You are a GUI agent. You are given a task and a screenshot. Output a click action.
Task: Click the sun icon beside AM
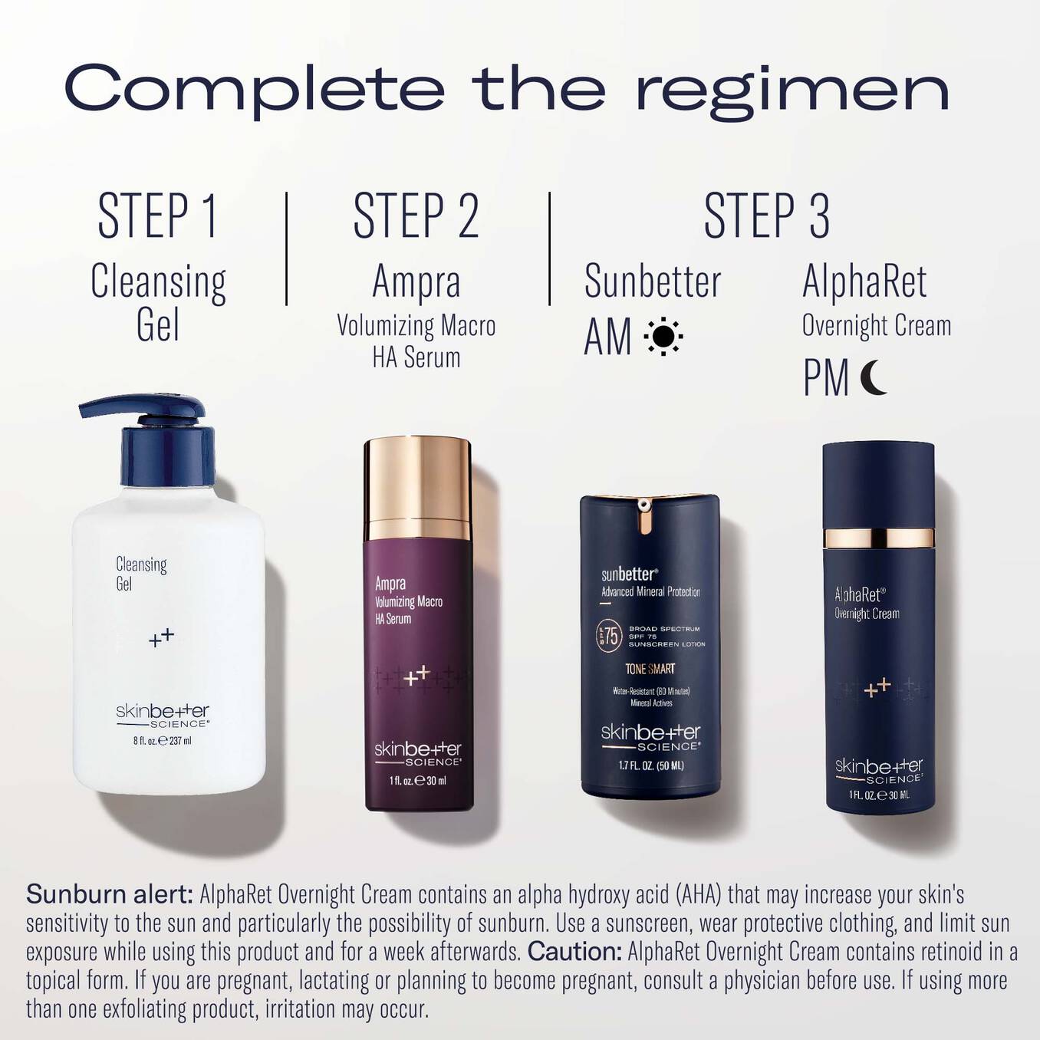click(663, 336)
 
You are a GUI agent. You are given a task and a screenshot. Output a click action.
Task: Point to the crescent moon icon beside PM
click(873, 377)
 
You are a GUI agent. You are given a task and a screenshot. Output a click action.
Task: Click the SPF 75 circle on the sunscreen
click(608, 637)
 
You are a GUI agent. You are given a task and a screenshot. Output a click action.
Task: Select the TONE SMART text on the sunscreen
click(650, 669)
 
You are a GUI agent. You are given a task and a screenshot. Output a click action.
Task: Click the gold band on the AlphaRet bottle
click(878, 537)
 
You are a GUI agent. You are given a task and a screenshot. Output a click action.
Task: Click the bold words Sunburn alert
click(109, 894)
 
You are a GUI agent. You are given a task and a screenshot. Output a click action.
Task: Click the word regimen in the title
click(792, 91)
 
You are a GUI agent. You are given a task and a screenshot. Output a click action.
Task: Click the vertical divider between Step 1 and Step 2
click(287, 248)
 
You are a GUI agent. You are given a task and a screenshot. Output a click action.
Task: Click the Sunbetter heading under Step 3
click(653, 281)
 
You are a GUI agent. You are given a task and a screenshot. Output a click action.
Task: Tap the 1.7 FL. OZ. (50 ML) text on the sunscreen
click(650, 765)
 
